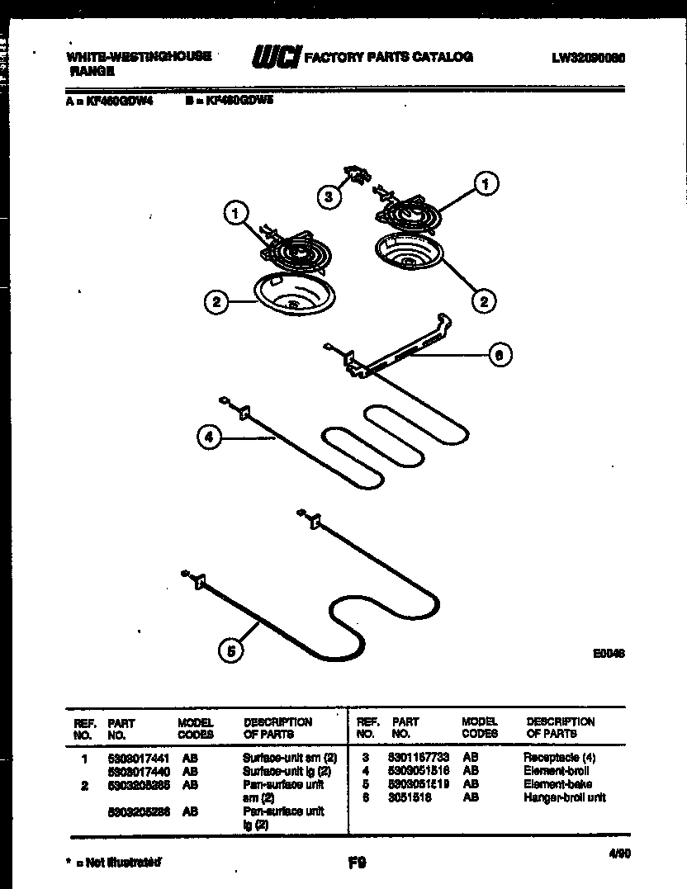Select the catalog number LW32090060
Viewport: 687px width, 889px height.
pyautogui.click(x=587, y=59)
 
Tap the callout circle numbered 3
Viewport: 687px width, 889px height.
pyautogui.click(x=329, y=196)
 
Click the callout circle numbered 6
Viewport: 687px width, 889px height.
pyautogui.click(x=498, y=355)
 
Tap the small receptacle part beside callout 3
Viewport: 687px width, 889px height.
pyautogui.click(x=358, y=175)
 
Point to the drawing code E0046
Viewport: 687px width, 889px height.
pyautogui.click(x=608, y=652)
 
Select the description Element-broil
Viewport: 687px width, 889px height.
pyautogui.click(x=556, y=771)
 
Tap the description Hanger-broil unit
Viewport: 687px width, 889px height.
pyautogui.click(x=564, y=797)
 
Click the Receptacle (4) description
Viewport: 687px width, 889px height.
pyautogui.click(x=559, y=758)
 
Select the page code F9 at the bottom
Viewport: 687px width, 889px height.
pyautogui.click(x=357, y=863)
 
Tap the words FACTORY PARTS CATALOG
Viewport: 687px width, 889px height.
pyautogui.click(x=389, y=58)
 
